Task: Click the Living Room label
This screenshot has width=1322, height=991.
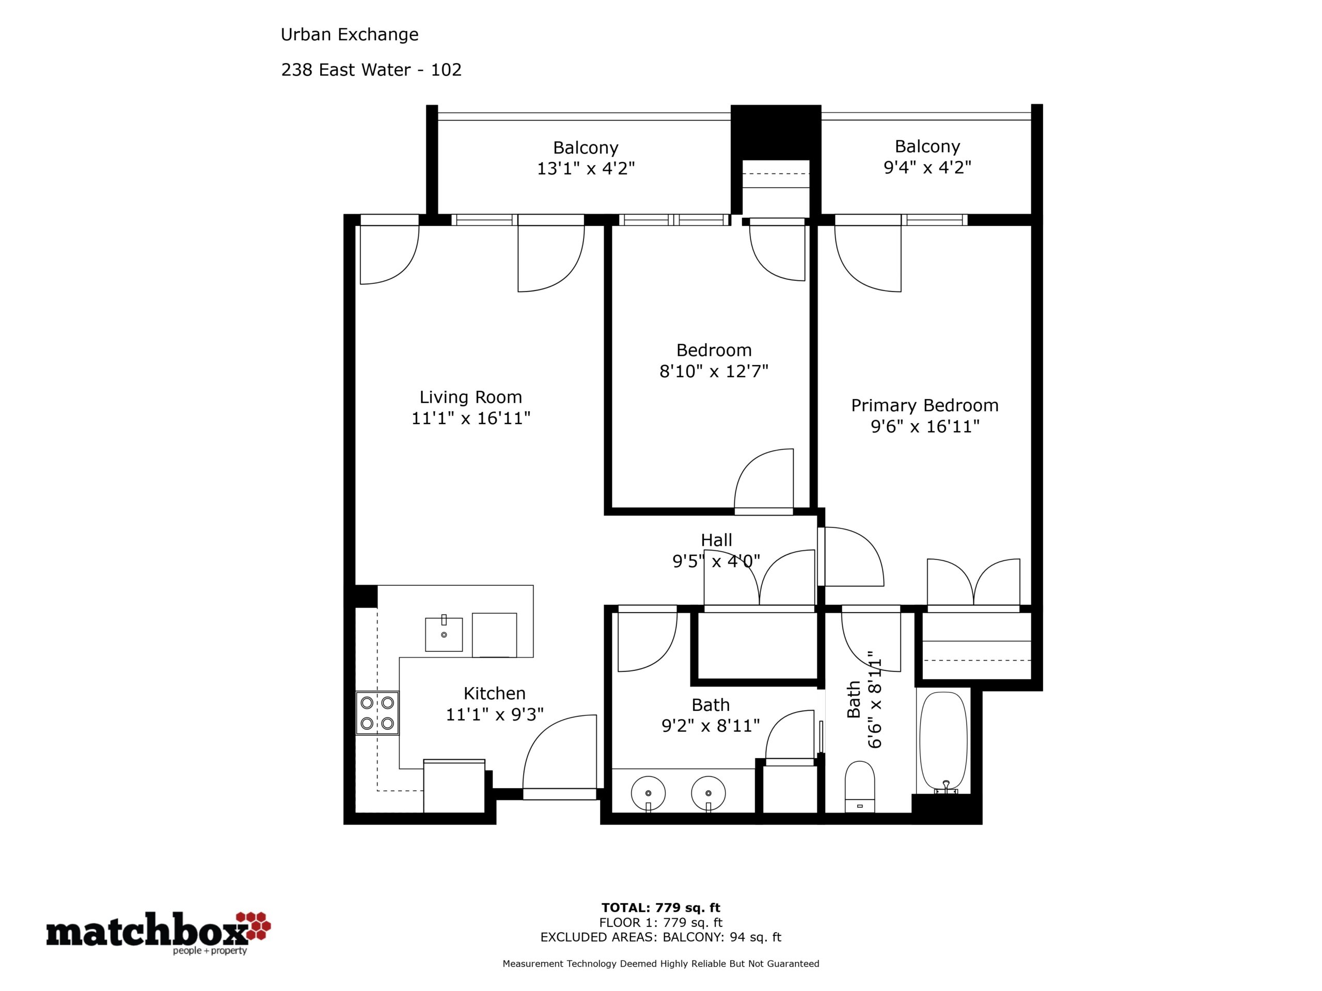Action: [470, 397]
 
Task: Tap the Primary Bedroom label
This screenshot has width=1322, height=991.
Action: [924, 406]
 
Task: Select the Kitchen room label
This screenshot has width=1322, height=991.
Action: [494, 694]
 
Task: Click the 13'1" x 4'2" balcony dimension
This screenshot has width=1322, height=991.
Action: [585, 168]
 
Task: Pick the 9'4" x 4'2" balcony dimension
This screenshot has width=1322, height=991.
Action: [927, 167]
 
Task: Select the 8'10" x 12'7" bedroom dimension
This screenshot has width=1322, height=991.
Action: [714, 372]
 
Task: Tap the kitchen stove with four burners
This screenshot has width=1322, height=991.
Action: [377, 713]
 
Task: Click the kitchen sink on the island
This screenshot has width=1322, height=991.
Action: [444, 633]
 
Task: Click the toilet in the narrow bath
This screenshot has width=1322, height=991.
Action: [859, 787]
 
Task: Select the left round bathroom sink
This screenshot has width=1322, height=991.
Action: [648, 794]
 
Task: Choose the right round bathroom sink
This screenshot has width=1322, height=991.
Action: [708, 794]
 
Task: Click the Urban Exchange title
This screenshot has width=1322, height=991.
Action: [350, 35]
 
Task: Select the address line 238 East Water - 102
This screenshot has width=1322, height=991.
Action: [371, 70]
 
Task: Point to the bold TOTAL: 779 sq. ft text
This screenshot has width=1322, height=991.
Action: [660, 908]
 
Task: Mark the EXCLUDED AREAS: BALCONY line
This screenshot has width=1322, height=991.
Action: [660, 937]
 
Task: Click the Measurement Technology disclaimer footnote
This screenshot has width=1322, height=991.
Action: [660, 964]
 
